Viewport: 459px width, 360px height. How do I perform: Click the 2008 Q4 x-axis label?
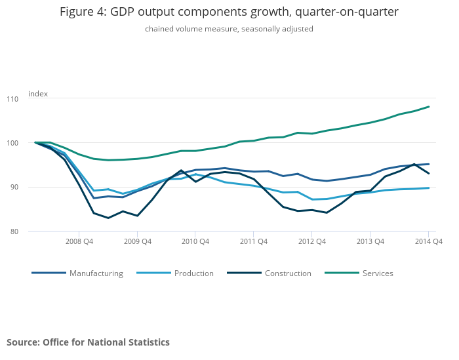[x=79, y=241]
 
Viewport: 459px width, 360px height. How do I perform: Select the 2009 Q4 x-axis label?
[x=137, y=241]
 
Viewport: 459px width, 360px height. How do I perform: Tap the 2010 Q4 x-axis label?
[x=195, y=241]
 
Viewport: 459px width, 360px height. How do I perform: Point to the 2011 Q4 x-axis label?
[x=254, y=241]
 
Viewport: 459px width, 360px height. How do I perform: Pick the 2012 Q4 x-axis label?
[x=312, y=241]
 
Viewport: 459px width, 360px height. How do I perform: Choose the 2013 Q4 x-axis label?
[x=370, y=241]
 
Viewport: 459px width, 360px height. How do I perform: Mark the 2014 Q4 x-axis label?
[x=428, y=241]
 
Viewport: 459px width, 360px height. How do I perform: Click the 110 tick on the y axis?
[x=31, y=98]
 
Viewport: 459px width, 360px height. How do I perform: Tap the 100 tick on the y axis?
[x=31, y=143]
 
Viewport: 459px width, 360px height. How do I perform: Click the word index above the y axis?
[x=38, y=94]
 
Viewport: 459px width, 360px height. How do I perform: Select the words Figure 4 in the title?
[x=81, y=12]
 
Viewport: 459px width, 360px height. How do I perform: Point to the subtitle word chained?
[x=160, y=29]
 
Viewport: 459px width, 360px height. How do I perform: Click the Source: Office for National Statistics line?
[x=88, y=342]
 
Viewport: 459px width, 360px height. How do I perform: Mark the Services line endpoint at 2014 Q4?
[x=429, y=107]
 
